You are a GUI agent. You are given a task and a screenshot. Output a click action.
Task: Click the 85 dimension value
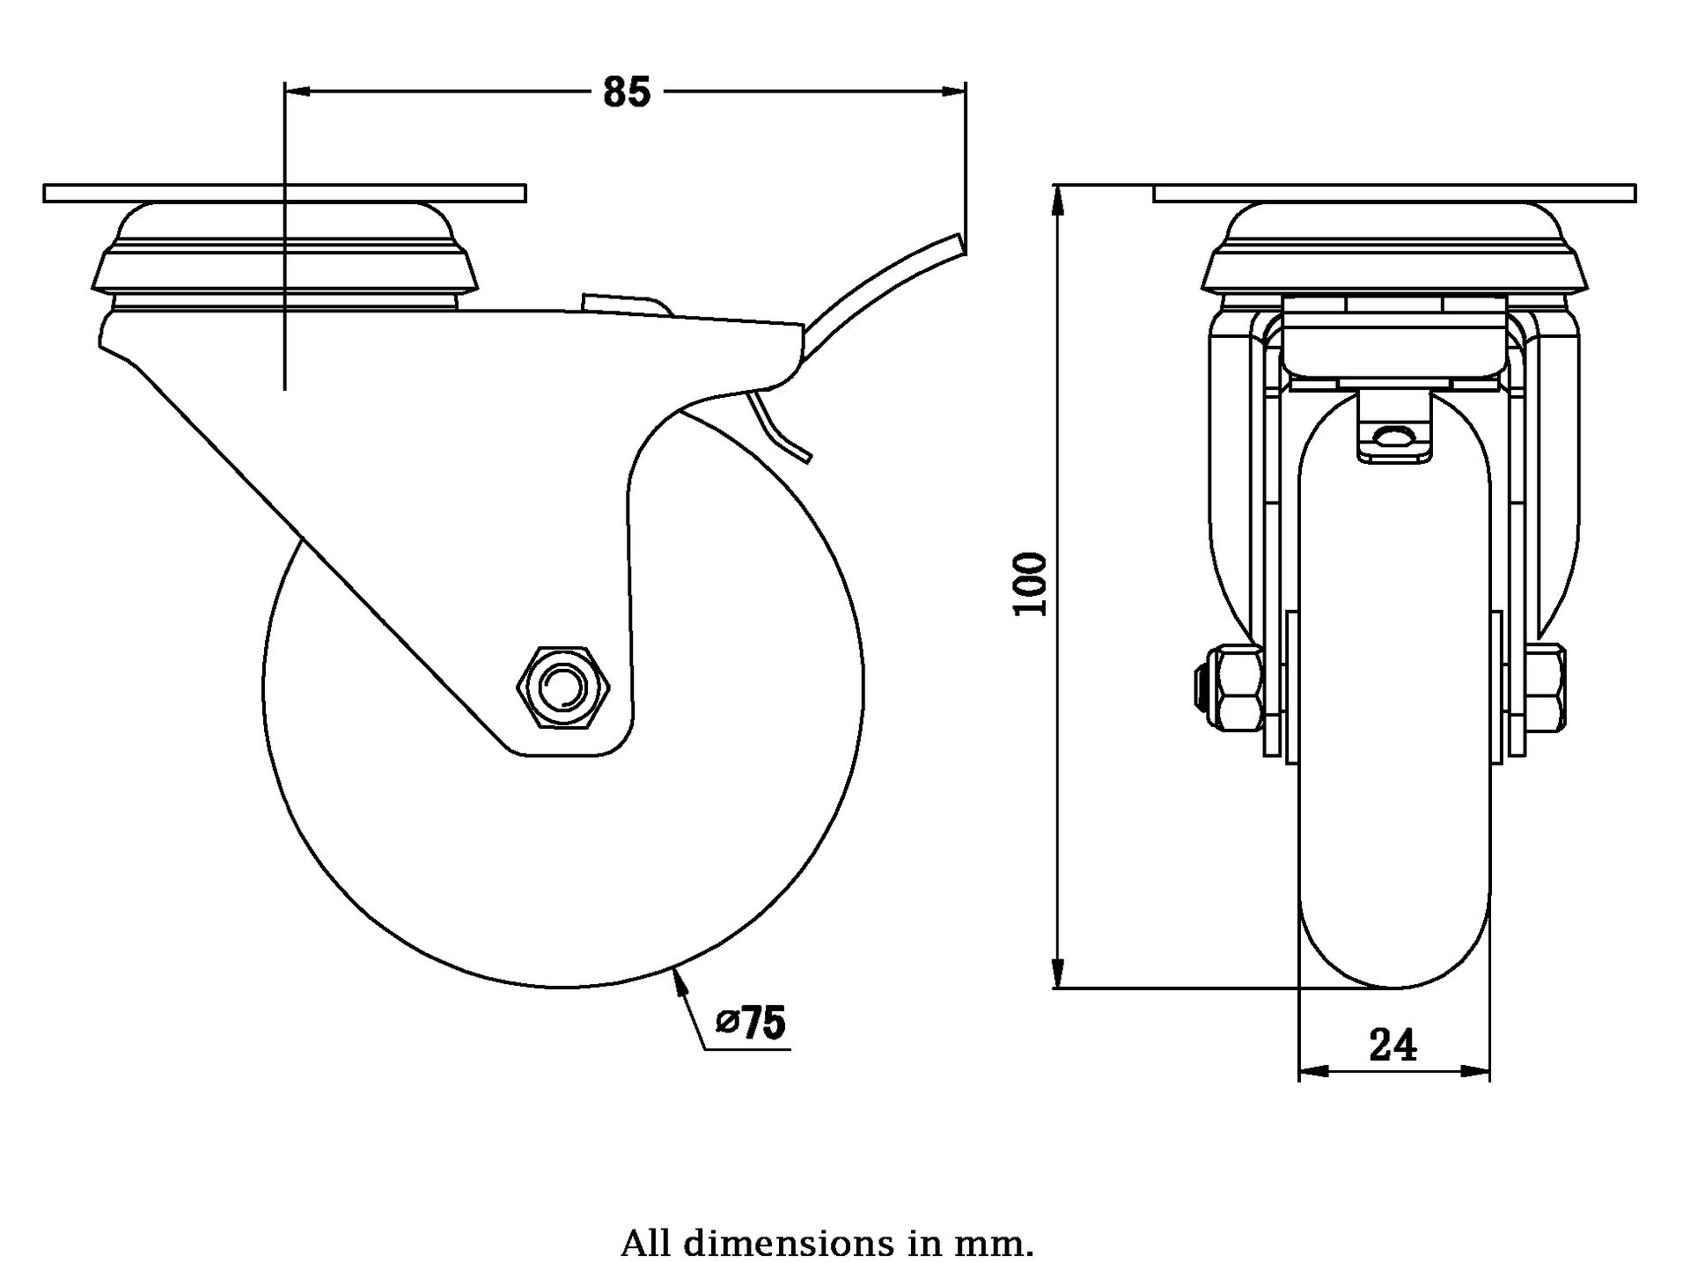tap(626, 92)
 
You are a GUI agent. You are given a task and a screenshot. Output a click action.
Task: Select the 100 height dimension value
tap(1032, 584)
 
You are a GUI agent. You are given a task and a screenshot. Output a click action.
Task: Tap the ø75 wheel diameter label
tap(751, 1023)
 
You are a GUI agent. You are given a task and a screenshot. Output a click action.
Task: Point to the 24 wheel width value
tap(1393, 1046)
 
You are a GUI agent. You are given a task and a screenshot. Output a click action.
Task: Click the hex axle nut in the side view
tap(562, 687)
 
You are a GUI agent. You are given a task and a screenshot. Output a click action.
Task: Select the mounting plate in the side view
tap(284, 193)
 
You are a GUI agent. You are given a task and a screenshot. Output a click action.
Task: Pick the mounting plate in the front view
tap(1394, 193)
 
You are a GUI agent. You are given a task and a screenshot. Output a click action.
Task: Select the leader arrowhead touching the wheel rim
tap(679, 979)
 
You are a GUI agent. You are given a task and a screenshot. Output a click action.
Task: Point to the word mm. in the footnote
tap(994, 1244)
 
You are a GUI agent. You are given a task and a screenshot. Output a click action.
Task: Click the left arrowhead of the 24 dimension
tap(1312, 1071)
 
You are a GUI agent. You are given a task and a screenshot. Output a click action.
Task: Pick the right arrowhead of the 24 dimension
tap(1477, 1071)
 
